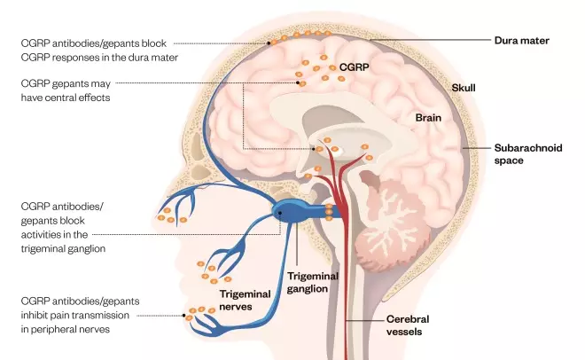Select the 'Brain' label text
(x=430, y=117)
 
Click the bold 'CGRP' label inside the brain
(x=355, y=67)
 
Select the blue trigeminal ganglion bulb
(x=293, y=212)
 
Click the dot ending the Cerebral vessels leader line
(x=345, y=318)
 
